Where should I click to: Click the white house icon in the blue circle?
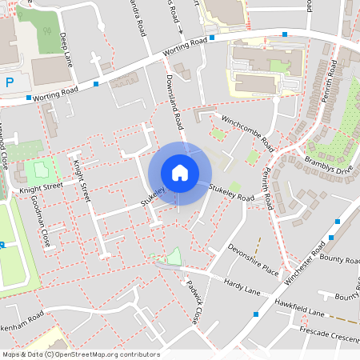pos(180,173)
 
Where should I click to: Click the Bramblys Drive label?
pos(328,164)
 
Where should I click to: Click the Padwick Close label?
pos(191,302)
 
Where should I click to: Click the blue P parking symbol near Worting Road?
pos(9,82)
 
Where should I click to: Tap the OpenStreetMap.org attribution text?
pos(80,354)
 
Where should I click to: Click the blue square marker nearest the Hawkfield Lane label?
pos(255,314)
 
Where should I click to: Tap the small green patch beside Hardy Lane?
pos(174,257)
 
